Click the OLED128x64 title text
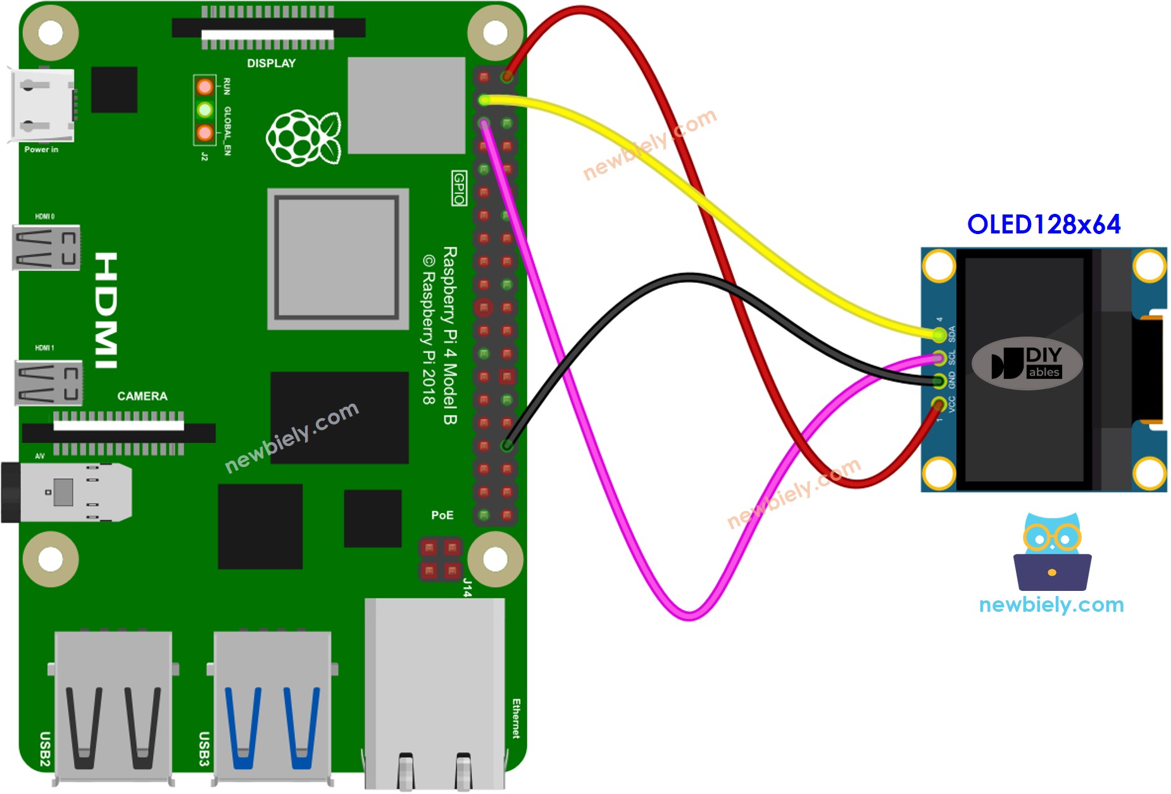coord(1043,225)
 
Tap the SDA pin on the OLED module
coord(939,334)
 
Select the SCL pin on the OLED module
coord(939,358)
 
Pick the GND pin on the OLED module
coord(939,380)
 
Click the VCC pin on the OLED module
coord(939,403)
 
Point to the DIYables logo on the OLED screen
coord(1027,363)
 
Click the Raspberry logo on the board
coord(303,138)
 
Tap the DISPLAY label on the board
coord(271,63)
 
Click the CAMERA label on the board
coord(142,396)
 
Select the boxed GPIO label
coord(459,188)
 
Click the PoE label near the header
coord(442,515)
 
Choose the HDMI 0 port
coord(46,247)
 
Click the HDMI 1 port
coord(48,382)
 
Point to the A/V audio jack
coord(66,492)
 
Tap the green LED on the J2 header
coord(204,110)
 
